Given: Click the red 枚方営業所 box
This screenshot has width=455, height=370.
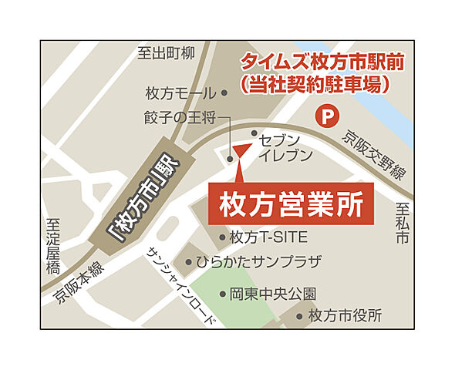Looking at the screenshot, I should click(292, 203).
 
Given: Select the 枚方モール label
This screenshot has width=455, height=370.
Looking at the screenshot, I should click(181, 93).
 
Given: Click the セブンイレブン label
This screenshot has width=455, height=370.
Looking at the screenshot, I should click(286, 147).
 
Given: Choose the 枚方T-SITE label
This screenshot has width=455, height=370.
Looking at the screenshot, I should click(269, 237).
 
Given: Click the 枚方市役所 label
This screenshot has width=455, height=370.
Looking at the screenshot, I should click(345, 315).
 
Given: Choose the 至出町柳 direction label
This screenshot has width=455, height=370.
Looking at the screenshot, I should click(166, 53).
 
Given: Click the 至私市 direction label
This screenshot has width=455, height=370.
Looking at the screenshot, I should click(402, 224).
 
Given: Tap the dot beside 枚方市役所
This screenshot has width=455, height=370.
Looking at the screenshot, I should click(299, 316).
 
